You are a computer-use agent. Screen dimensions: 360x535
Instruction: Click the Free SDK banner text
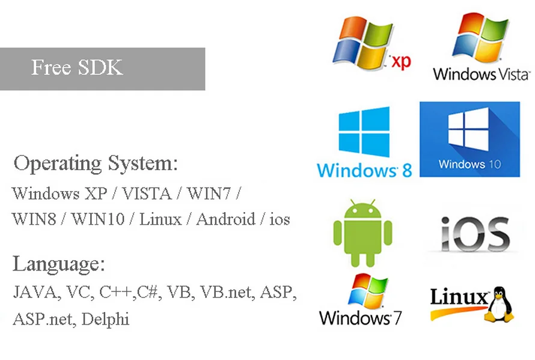pyautogui.click(x=77, y=67)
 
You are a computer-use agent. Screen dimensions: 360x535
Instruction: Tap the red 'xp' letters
pyautogui.click(x=401, y=61)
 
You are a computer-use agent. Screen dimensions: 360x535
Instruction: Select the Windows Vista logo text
pyautogui.click(x=481, y=74)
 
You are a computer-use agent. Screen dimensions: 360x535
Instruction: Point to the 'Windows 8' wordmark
pyautogui.click(x=364, y=169)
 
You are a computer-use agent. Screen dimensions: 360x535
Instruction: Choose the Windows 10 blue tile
pyautogui.click(x=469, y=139)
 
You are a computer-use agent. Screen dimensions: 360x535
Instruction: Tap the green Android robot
pyautogui.click(x=362, y=233)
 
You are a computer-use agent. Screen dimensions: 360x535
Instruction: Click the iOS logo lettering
pyautogui.click(x=475, y=234)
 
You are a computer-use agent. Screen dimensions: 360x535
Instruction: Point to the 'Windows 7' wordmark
pyautogui.click(x=361, y=317)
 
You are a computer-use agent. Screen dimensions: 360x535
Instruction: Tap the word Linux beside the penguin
pyautogui.click(x=459, y=297)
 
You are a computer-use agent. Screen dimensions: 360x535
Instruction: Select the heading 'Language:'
pyautogui.click(x=59, y=264)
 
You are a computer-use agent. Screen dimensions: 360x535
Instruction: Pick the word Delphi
pyautogui.click(x=105, y=318)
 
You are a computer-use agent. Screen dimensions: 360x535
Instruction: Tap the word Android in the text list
pyautogui.click(x=225, y=219)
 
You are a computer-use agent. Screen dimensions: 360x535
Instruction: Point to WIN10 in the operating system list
pyautogui.click(x=98, y=219)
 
